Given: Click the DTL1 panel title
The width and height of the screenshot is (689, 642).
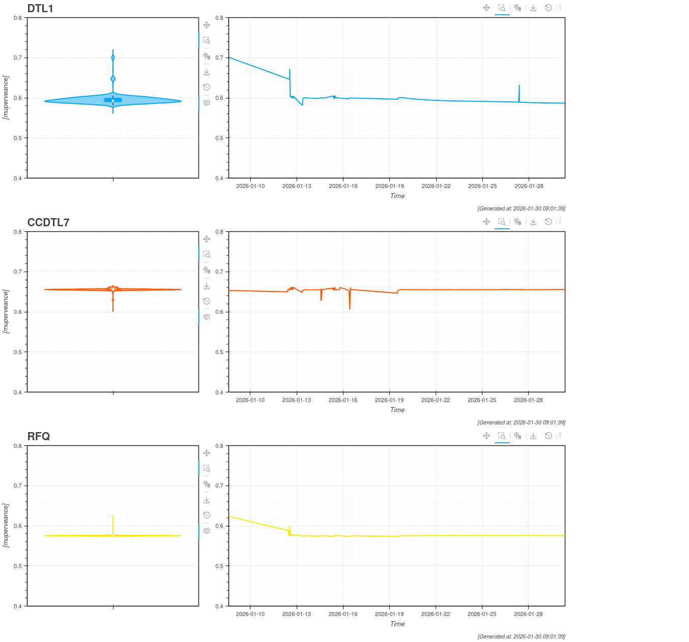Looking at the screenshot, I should coord(40,8).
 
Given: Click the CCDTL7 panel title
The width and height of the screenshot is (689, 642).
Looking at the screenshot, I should coord(48,222).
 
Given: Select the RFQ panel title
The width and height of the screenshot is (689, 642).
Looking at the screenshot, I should coord(39,436).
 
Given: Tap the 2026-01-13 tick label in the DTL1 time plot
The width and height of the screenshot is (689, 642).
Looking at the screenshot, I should coord(297,186).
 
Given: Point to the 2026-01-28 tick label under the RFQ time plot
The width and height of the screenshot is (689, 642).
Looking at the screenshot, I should coord(528,614).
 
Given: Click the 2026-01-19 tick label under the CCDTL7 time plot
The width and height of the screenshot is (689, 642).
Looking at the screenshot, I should coord(389,400).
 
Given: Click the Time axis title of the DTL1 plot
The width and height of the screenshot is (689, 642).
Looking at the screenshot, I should coord(397,196).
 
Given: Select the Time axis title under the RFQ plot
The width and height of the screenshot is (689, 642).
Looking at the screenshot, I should coord(397,624).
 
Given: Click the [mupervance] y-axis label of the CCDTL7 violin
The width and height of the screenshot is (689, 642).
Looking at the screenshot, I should coord(6,311).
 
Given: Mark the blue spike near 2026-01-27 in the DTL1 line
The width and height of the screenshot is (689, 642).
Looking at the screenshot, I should coord(519,86).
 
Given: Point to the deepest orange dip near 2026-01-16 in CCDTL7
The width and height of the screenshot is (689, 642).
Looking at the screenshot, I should coord(350,308).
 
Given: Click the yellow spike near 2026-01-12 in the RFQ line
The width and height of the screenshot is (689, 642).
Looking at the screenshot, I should coord(289,527).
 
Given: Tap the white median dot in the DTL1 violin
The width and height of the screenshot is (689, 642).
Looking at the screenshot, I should coord(113,101).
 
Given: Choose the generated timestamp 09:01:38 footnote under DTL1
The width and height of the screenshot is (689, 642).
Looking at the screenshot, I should coord(521,208).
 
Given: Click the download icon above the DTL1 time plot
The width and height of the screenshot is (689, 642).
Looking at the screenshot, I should coord(533,8).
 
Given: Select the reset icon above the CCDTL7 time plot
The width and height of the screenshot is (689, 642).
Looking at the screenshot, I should coord(548,222).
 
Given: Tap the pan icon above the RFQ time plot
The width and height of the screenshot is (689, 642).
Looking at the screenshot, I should coord(486,436).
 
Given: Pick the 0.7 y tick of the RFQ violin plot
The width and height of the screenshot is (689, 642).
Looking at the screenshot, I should coord(18,486).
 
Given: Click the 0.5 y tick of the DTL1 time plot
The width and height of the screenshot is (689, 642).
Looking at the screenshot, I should coord(220,138).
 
